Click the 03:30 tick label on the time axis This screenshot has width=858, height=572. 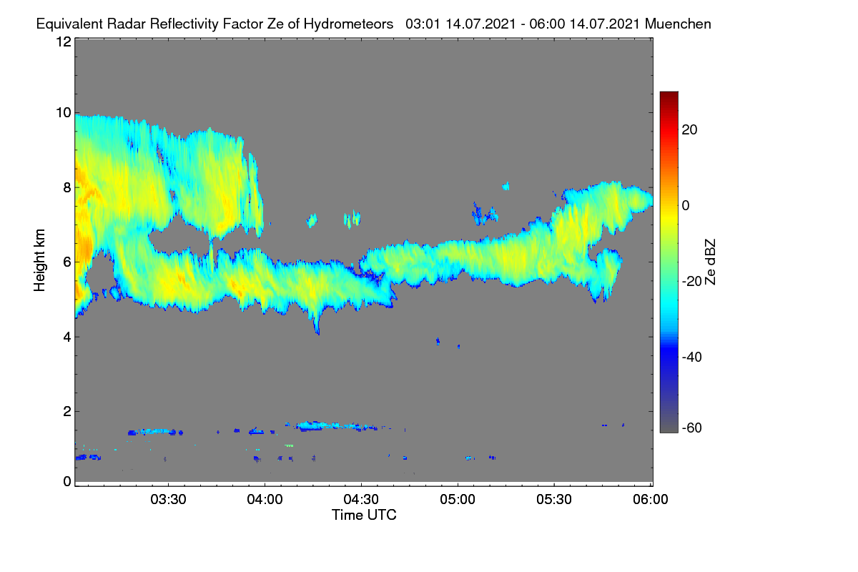(x=168, y=499)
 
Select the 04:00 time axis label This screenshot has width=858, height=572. (x=265, y=499)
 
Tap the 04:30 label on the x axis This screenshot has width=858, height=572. (x=361, y=499)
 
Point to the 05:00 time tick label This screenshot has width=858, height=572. (x=458, y=499)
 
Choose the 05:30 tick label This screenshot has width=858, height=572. (x=554, y=499)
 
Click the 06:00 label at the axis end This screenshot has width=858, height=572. (x=651, y=499)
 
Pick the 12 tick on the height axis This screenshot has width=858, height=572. (x=64, y=41)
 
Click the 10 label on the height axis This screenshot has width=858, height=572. (x=64, y=113)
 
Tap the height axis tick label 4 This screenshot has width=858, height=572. (x=67, y=337)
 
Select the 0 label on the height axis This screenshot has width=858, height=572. (x=67, y=481)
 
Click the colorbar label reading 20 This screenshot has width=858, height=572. (x=689, y=130)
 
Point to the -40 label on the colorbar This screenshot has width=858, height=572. (x=692, y=357)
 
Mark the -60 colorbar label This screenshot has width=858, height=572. (x=692, y=428)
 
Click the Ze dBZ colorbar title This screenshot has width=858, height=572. (x=710, y=262)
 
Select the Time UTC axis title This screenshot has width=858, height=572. (x=364, y=515)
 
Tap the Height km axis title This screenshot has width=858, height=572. (x=39, y=260)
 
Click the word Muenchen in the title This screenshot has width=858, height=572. (x=678, y=24)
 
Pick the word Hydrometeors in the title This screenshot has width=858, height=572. (x=349, y=24)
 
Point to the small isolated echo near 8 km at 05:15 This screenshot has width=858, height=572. (x=506, y=186)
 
